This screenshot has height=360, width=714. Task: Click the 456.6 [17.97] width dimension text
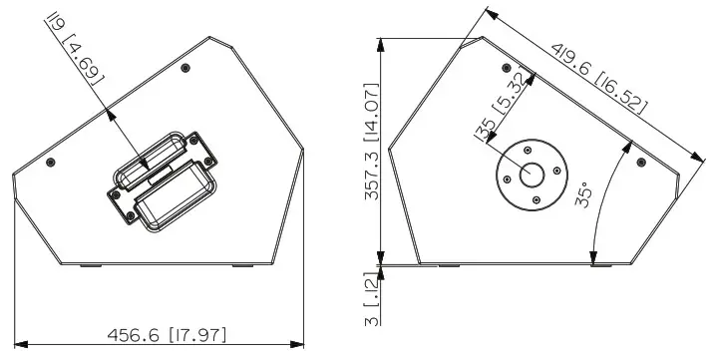coord(167,335)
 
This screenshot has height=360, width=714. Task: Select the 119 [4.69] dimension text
coord(76,49)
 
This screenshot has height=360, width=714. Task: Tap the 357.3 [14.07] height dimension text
coord(372,142)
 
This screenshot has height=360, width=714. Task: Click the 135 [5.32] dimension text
coord(502,106)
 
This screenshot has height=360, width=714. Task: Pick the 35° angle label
coord(583,194)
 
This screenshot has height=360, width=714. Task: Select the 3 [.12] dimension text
coord(372,299)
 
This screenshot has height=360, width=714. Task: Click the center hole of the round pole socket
coord(532,176)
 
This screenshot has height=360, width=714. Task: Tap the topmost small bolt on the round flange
coord(528,151)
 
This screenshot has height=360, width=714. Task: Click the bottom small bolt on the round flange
coord(536,199)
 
